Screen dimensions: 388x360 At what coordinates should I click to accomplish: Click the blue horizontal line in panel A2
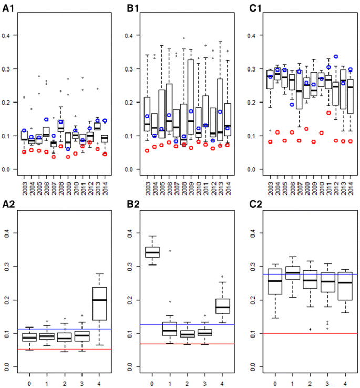pyautogui.click(x=63, y=329)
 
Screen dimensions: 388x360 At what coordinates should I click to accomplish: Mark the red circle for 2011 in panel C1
pyautogui.click(x=328, y=113)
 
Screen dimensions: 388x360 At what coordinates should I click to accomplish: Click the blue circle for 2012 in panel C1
pyautogui.click(x=335, y=56)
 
